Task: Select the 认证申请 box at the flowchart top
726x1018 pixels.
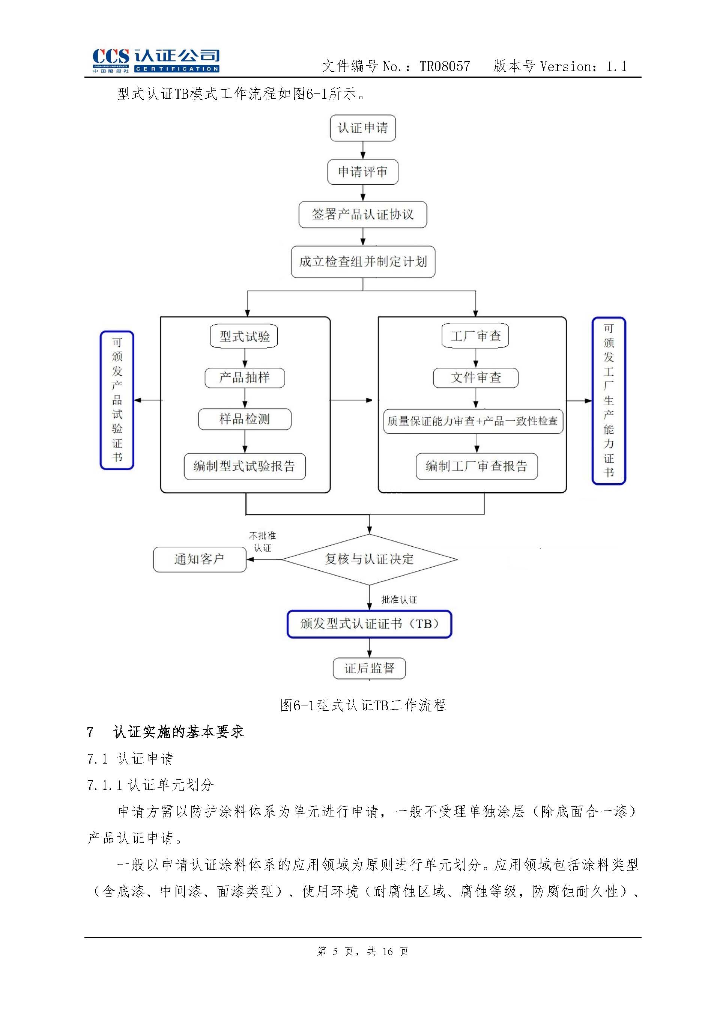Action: pyautogui.click(x=362, y=128)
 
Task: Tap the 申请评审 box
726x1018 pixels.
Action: pyautogui.click(x=362, y=172)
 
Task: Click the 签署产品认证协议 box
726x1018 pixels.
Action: pyautogui.click(x=362, y=215)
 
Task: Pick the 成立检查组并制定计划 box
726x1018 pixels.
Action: pyautogui.click(x=362, y=262)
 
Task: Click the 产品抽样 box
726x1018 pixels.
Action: pyautogui.click(x=245, y=378)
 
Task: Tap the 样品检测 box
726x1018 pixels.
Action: pyautogui.click(x=245, y=419)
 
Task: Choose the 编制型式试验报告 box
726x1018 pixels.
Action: pyautogui.click(x=245, y=466)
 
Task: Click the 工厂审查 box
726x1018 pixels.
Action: pyautogui.click(x=475, y=336)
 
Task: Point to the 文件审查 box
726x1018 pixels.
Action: pyautogui.click(x=475, y=378)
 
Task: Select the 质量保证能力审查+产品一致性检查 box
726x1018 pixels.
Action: pyautogui.click(x=473, y=421)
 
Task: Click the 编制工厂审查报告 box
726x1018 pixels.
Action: pyautogui.click(x=476, y=466)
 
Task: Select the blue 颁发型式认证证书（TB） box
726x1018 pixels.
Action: pyautogui.click(x=369, y=624)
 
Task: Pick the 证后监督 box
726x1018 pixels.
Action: pyautogui.click(x=369, y=668)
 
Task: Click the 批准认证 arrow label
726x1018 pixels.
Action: pyautogui.click(x=399, y=600)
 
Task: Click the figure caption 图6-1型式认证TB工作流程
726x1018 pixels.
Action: pyautogui.click(x=362, y=705)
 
